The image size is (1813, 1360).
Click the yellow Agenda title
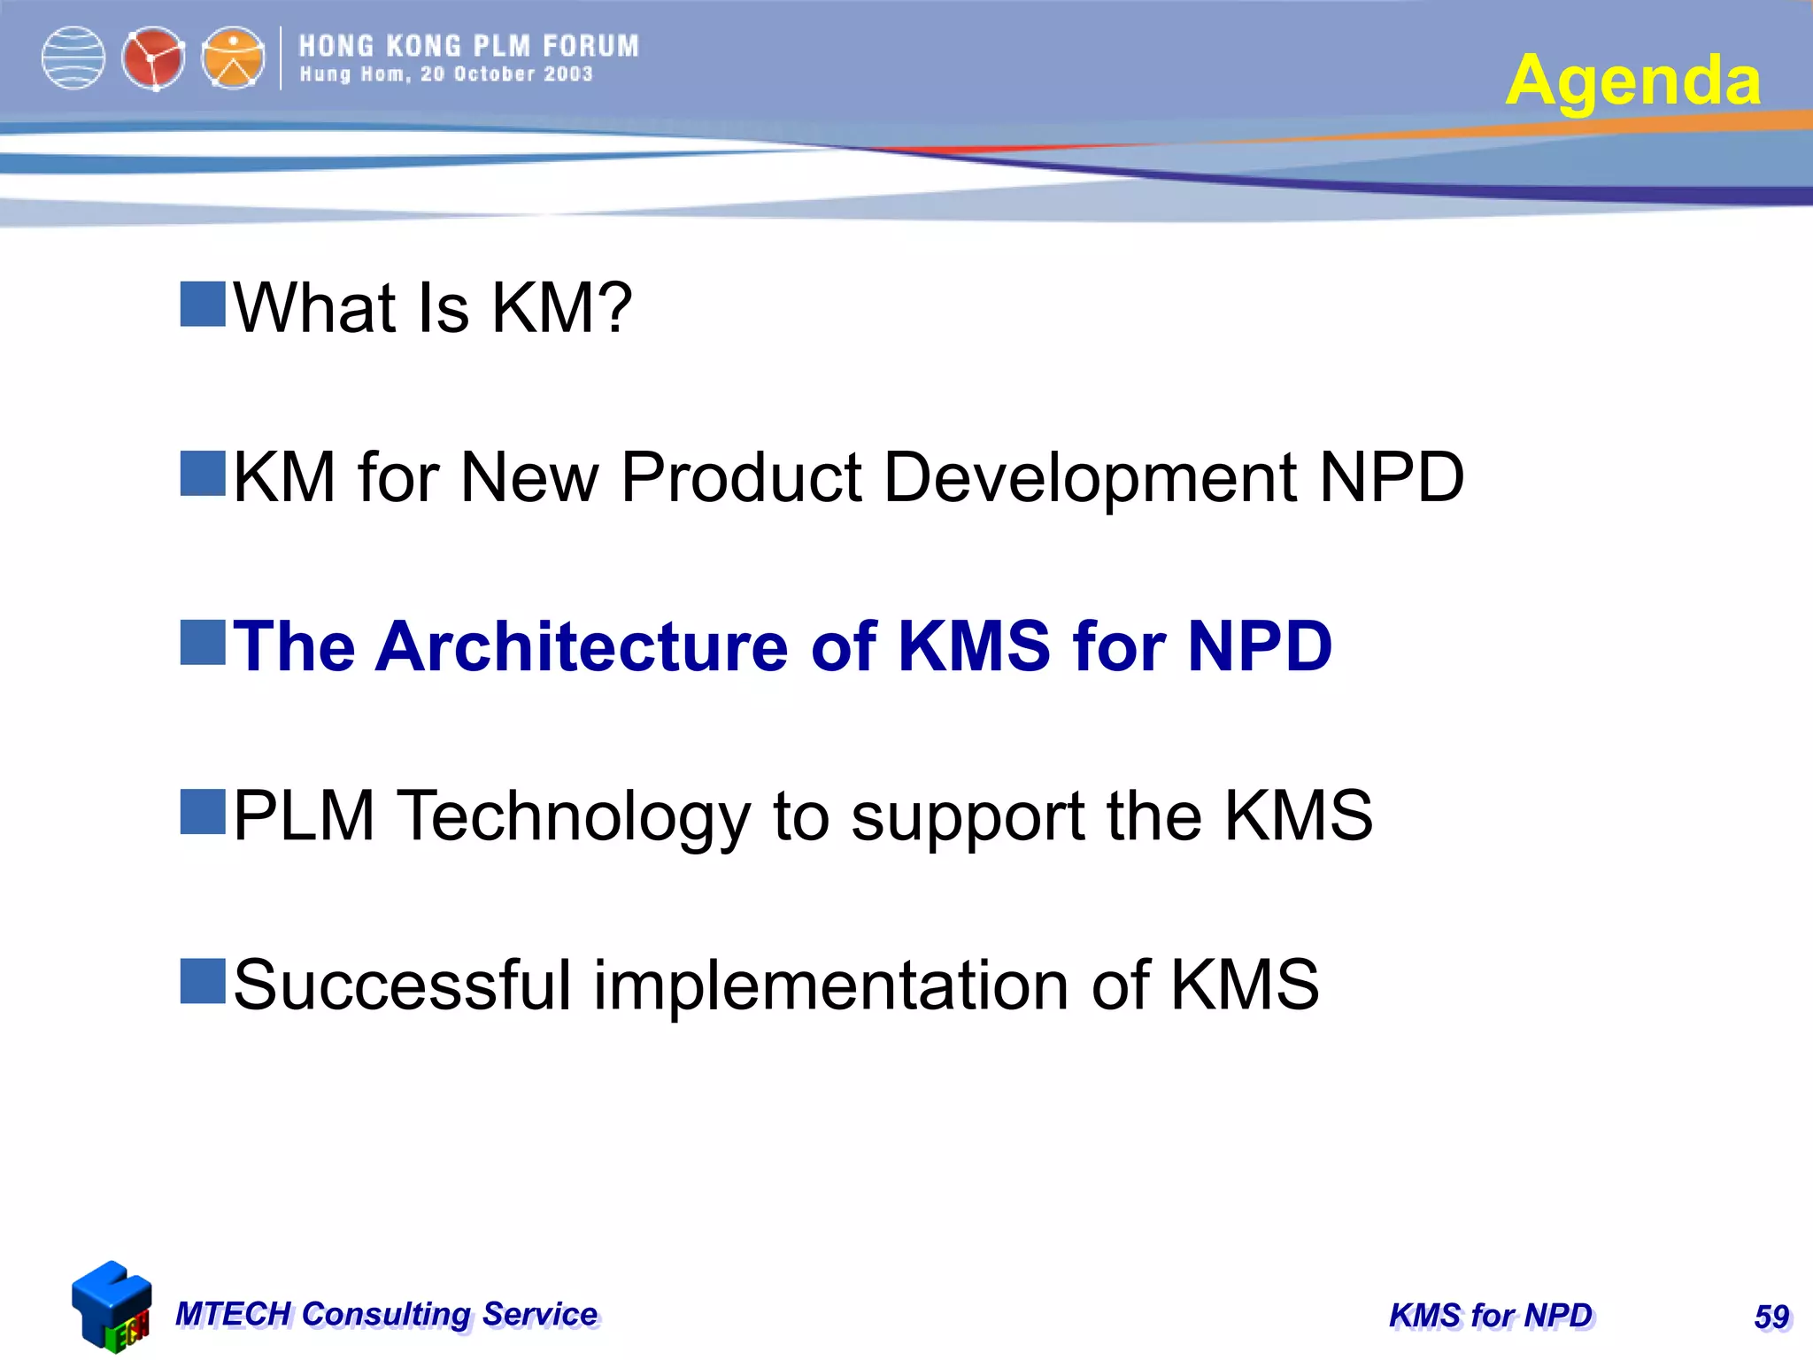1632,81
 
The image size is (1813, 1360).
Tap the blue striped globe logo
73,58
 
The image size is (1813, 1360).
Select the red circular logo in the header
153,59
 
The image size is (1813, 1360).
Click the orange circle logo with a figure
233,58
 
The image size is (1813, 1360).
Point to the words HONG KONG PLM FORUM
468,46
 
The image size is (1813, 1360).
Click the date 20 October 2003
506,74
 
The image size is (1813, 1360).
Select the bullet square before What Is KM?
203,305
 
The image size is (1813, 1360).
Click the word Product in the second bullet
741,477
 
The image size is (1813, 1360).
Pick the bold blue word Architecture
582,646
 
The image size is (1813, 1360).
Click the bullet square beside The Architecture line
203,643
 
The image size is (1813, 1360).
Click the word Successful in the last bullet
403,985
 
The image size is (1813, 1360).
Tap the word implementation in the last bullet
830,986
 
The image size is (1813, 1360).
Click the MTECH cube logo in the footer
111,1306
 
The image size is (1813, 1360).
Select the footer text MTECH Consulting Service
386,1314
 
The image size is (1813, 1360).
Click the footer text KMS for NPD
1491,1316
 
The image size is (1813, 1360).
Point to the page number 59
1771,1317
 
